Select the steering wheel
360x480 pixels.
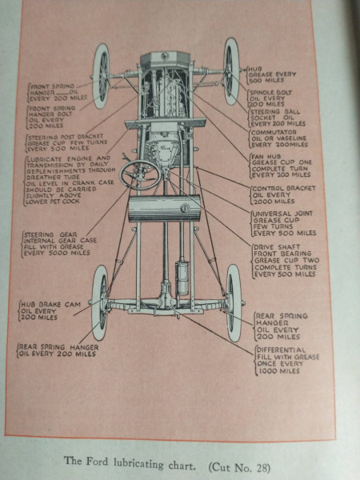tap(140, 174)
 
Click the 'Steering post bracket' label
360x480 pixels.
tap(66, 142)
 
